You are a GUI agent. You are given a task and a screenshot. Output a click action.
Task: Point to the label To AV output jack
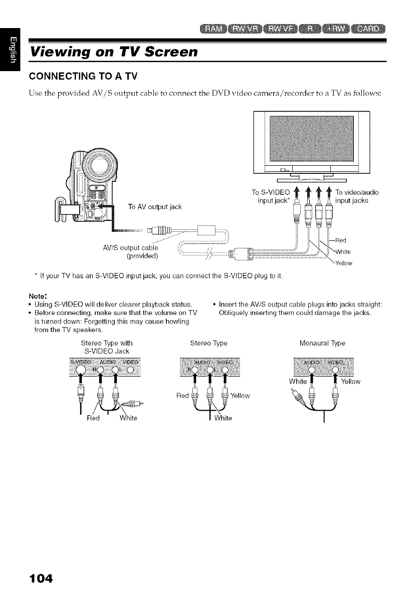tap(153, 206)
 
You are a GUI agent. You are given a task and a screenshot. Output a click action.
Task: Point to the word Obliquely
tap(236, 313)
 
